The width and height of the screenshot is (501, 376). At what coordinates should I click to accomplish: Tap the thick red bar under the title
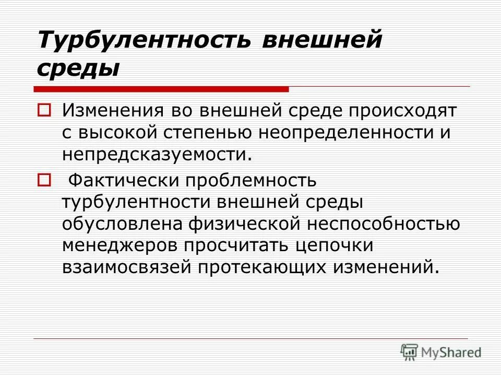[x=162, y=88]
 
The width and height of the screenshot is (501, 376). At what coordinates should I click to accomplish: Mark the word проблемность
[x=249, y=181]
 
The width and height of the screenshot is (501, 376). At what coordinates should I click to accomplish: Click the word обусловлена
[x=122, y=224]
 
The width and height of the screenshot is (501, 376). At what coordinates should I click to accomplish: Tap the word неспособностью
[x=384, y=224]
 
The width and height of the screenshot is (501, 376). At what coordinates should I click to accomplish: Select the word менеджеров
[x=125, y=245]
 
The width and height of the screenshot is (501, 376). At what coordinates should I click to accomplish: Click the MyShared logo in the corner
[x=440, y=352]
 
